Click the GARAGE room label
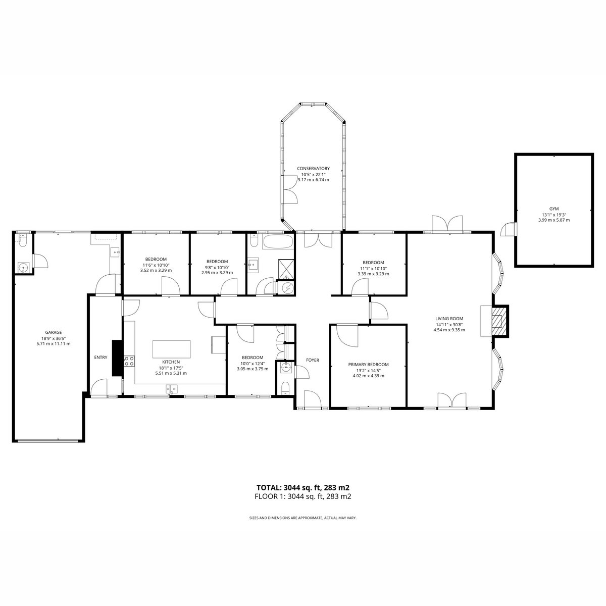[x=54, y=332]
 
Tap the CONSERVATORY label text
[x=313, y=169]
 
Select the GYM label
[x=554, y=209]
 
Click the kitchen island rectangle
[x=171, y=349]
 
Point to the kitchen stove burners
[x=129, y=361]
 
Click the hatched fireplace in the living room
[x=499, y=321]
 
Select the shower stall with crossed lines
[x=286, y=269]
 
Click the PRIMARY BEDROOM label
[x=368, y=365]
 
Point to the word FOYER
[x=313, y=360]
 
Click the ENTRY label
[x=100, y=357]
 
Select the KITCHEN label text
[x=171, y=362]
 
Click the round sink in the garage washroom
[x=23, y=268]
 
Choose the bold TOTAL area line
[x=303, y=488]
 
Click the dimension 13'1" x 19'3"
[x=554, y=215]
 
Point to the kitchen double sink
[x=172, y=389]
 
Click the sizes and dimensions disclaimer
[x=303, y=518]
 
